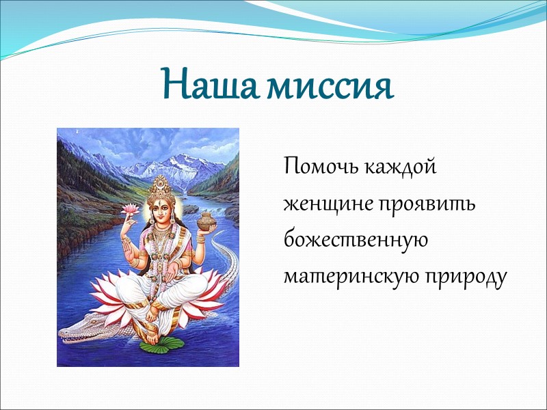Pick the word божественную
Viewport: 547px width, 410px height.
[x=355, y=241]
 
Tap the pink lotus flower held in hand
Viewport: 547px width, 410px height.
[x=130, y=208]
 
